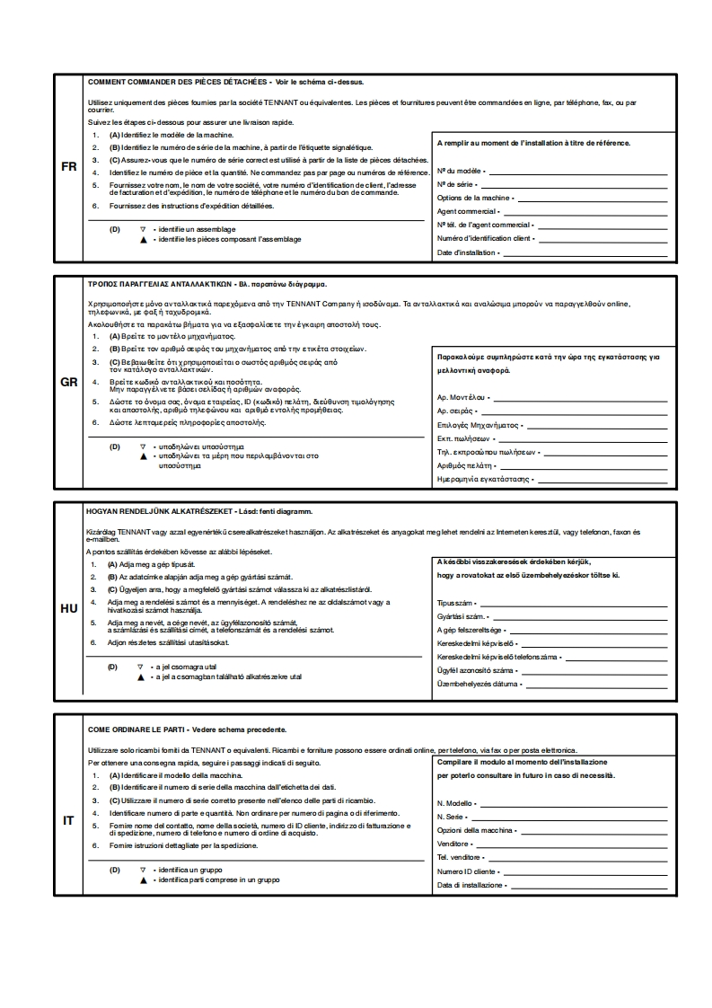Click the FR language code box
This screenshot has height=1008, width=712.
68,167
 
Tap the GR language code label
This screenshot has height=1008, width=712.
68,382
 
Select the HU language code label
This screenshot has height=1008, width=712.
68,608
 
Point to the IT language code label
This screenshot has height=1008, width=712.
68,820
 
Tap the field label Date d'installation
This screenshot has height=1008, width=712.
466,253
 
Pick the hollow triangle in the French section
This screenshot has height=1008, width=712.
142,229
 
